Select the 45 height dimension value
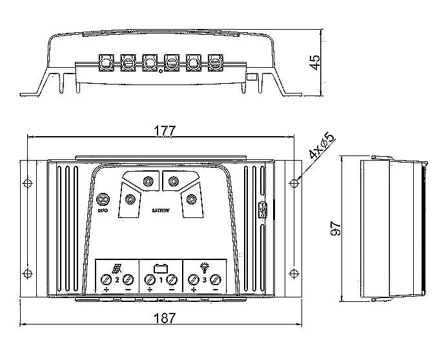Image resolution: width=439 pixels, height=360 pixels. (314, 62)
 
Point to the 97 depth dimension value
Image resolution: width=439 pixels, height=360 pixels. (336, 229)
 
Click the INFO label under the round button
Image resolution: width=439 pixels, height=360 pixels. (102, 210)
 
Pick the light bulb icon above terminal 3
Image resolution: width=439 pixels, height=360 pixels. (205, 266)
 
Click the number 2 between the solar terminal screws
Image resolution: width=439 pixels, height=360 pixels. (117, 280)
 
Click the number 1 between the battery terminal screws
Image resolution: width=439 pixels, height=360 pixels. (161, 280)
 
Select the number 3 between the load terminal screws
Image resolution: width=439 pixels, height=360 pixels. (205, 280)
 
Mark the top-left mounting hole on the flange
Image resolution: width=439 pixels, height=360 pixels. (27, 182)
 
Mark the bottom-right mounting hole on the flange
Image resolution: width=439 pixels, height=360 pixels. (294, 272)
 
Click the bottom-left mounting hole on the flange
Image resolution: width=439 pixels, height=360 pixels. (27, 272)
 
